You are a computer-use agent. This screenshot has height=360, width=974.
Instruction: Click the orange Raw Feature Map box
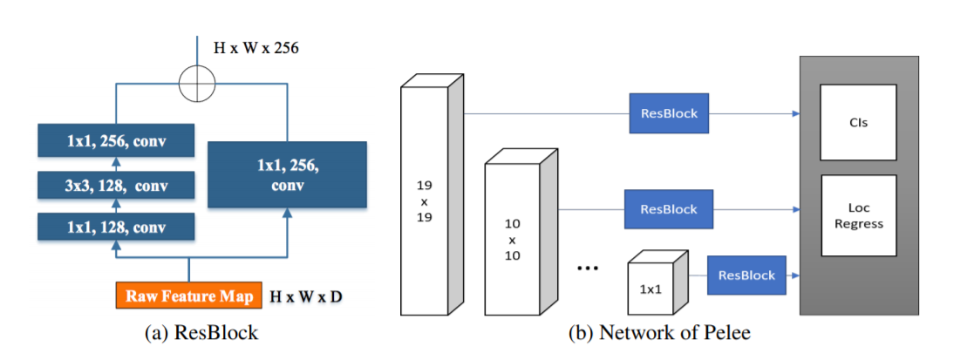188,295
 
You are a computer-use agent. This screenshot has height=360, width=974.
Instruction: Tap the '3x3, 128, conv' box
115,185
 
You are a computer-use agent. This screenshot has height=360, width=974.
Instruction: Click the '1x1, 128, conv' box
115,228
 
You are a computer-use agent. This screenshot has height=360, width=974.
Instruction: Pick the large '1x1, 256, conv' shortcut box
287,173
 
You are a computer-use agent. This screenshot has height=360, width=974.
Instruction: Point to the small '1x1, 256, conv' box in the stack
115,141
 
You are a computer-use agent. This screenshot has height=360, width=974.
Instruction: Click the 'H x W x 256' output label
256,48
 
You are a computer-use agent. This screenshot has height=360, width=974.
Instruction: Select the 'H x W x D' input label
306,296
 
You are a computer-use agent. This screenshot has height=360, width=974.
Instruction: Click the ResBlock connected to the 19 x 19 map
669,113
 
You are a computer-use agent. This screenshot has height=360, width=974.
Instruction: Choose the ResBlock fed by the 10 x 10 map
668,209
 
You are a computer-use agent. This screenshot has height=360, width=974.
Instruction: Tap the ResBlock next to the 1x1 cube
746,275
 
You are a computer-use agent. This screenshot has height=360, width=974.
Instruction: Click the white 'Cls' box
858,122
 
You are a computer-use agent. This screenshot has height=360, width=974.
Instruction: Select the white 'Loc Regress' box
858,215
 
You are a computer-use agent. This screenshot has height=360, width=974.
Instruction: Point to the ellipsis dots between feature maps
588,268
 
